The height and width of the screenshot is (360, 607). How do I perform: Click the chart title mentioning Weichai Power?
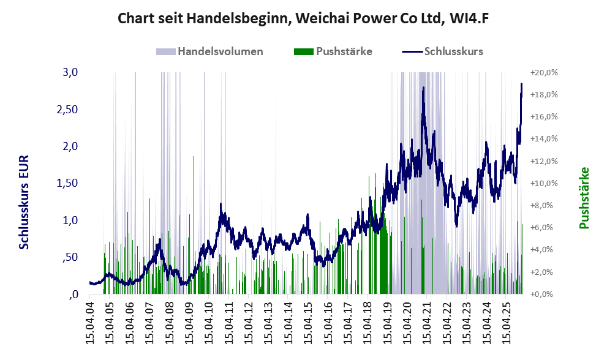tap(303, 18)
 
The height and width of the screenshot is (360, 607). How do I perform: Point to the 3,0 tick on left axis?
tap(70, 72)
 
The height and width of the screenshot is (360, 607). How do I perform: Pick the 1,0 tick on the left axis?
tap(70, 220)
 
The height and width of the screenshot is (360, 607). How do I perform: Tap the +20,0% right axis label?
tap(545, 72)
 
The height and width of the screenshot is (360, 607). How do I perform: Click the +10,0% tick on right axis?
tap(545, 183)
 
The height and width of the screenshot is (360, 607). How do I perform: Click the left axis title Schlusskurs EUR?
tap(25, 202)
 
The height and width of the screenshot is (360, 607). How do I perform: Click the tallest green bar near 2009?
tap(194, 157)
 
